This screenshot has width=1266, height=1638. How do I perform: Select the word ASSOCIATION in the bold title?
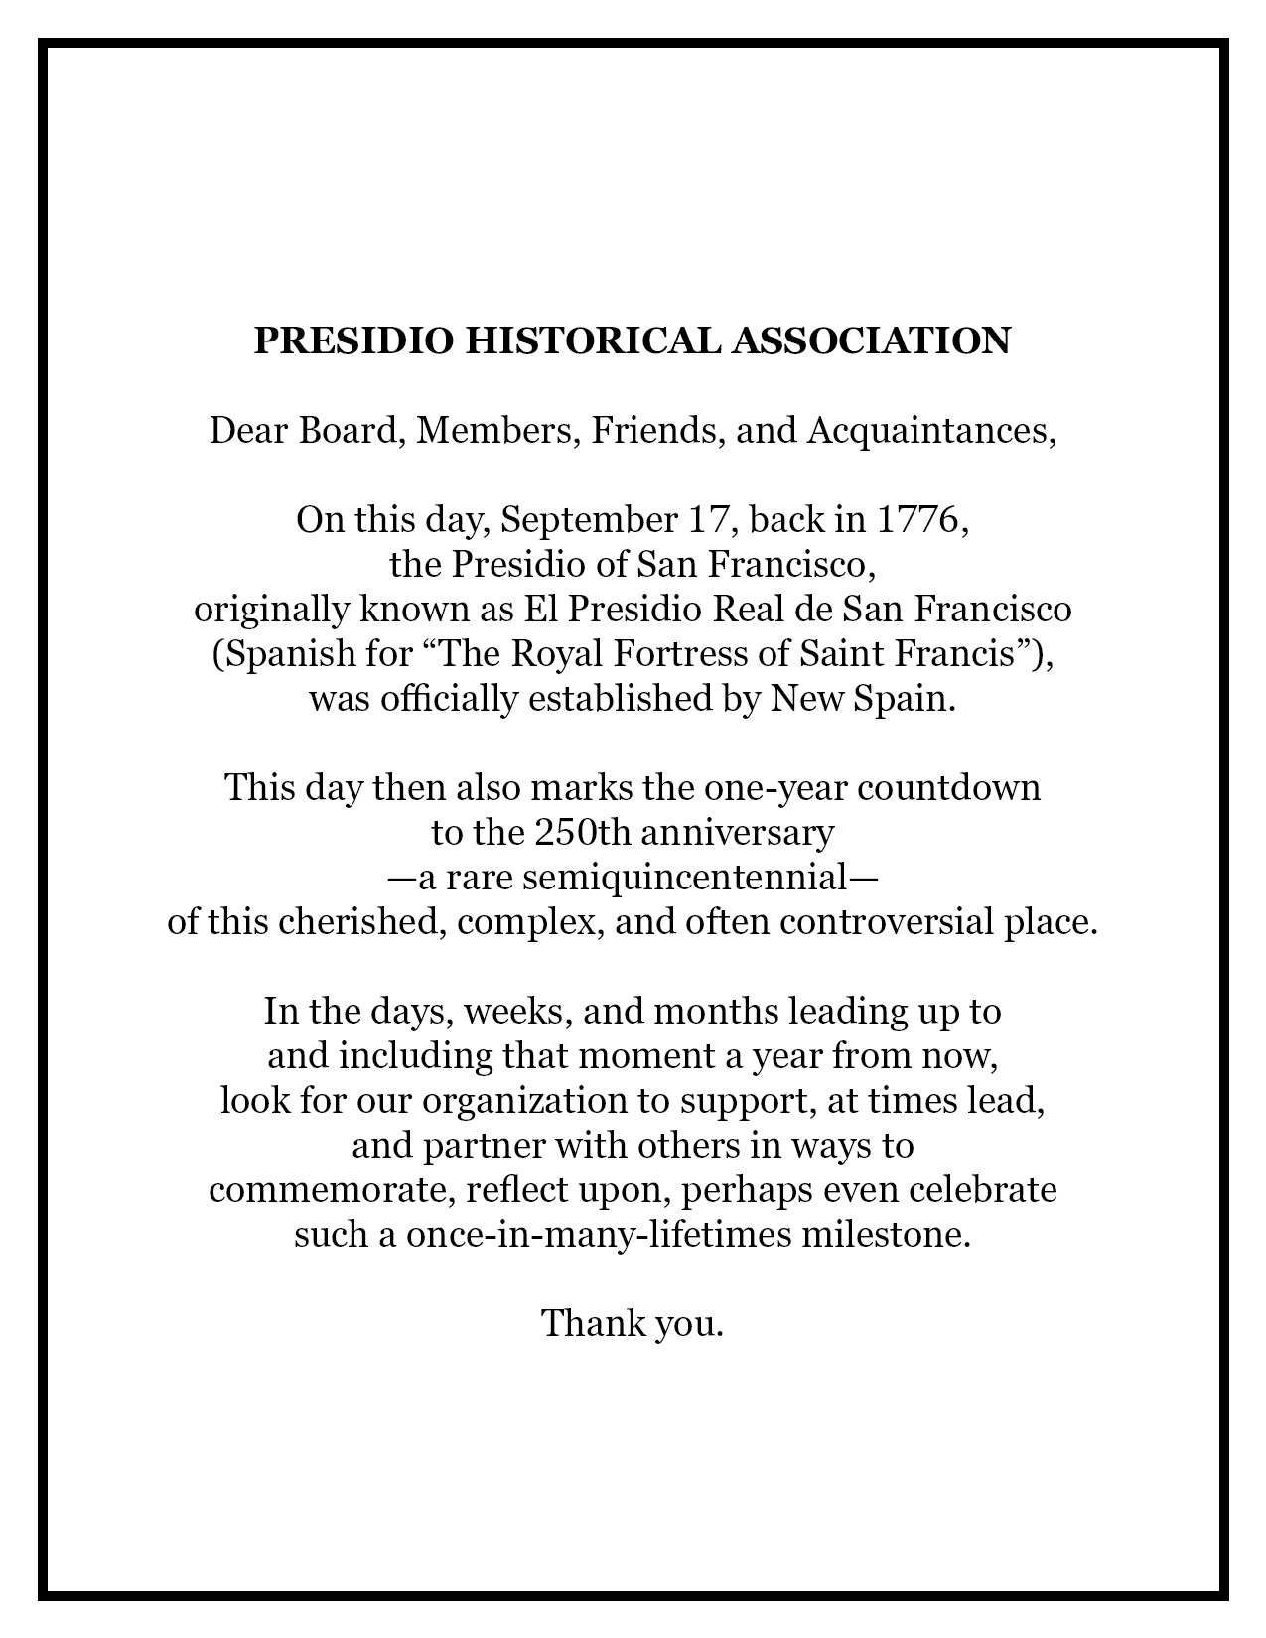coord(871,341)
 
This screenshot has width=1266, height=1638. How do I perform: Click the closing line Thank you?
coord(633,1324)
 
